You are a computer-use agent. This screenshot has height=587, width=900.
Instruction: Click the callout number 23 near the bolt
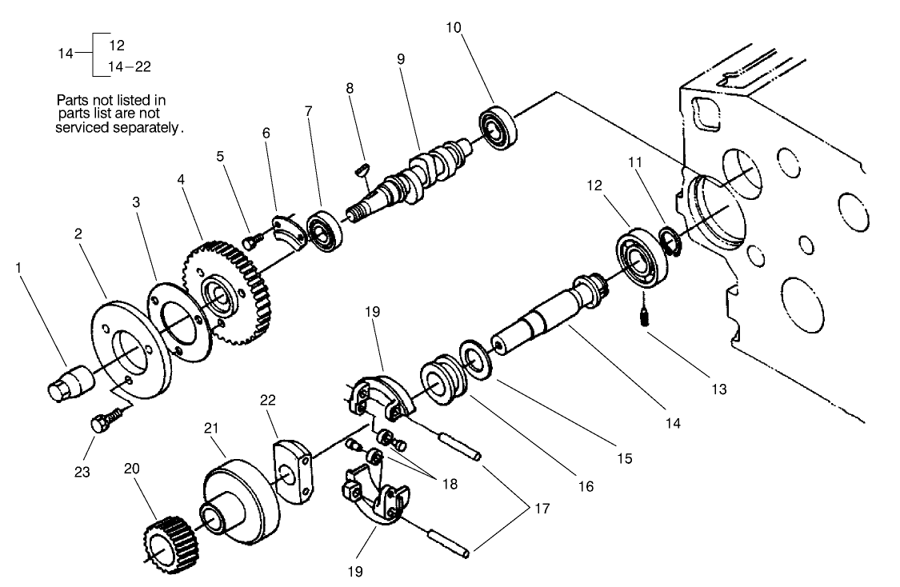(82, 471)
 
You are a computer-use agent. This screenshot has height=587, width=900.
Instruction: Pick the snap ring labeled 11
(669, 241)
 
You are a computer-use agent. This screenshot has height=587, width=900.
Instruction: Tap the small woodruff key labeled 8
(361, 169)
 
